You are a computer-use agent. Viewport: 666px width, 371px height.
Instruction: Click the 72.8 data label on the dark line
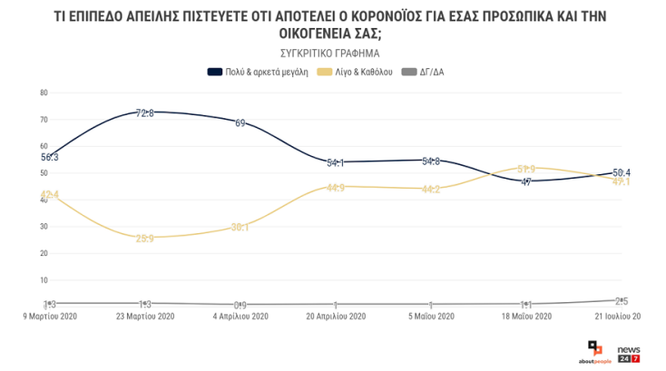145,112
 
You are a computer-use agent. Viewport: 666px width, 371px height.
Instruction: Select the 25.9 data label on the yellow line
145,238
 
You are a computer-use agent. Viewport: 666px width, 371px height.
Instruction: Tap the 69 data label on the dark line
240,122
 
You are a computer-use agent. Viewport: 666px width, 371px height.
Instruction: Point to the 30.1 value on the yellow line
240,227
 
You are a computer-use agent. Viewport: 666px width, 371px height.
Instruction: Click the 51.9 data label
526,169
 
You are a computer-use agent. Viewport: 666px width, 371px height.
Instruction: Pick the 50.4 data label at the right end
622,172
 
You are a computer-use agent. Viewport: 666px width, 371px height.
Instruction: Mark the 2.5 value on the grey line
622,300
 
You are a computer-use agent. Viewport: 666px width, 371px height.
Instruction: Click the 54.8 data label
431,161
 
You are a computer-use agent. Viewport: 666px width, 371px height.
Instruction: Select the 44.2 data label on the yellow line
431,190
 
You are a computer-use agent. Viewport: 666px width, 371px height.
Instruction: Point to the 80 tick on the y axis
44,93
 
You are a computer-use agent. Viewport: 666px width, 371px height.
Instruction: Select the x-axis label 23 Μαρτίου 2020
145,317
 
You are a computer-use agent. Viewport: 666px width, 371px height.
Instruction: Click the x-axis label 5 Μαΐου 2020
431,317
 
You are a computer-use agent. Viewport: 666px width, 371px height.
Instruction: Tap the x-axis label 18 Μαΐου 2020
526,317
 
